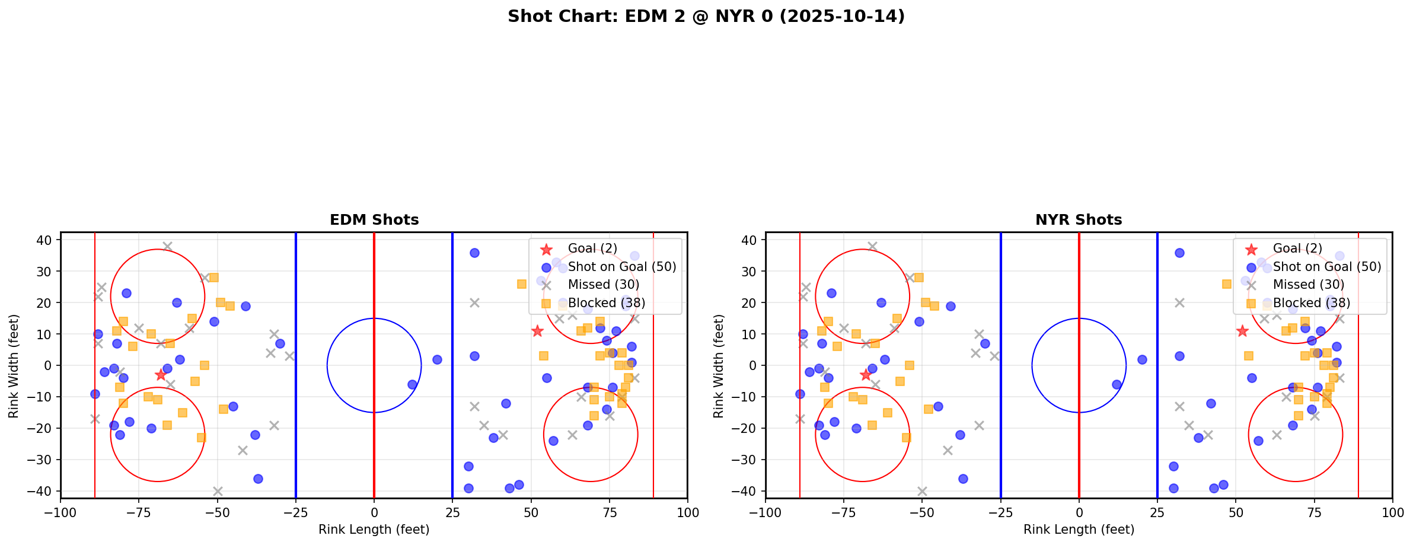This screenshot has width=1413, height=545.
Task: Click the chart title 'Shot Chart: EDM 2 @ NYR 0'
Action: pyautogui.click(x=706, y=17)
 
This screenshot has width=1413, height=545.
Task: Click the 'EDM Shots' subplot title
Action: pyautogui.click(x=374, y=220)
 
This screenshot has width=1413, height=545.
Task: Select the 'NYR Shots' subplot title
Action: pyautogui.click(x=1079, y=220)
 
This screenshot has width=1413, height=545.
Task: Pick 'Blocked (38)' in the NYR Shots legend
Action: pyautogui.click(x=1312, y=303)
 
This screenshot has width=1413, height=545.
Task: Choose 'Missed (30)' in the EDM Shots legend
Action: pyautogui.click(x=604, y=285)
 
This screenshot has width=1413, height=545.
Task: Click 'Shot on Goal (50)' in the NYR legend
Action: pyautogui.click(x=1327, y=267)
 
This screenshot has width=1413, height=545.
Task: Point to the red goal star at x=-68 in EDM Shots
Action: pyautogui.click(x=161, y=375)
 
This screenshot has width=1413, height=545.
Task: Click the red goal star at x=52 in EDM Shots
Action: pyautogui.click(x=537, y=331)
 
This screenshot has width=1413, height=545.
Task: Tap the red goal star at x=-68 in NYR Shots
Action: pyautogui.click(x=866, y=375)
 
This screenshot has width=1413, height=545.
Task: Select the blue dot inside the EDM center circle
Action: pyautogui.click(x=412, y=384)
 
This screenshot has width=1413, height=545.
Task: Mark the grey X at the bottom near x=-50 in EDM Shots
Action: pyautogui.click(x=218, y=491)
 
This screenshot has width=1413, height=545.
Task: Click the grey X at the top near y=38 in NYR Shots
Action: pyautogui.click(x=872, y=246)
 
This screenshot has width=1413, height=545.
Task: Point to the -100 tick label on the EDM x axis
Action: pyautogui.click(x=60, y=512)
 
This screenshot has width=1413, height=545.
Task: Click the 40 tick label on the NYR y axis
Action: pyautogui.click(x=750, y=240)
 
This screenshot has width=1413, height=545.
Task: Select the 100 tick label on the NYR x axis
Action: pyautogui.click(x=1392, y=512)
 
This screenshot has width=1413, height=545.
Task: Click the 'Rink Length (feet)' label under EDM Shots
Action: pyautogui.click(x=374, y=530)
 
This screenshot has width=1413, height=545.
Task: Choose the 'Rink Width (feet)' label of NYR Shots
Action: pyautogui.click(x=719, y=366)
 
